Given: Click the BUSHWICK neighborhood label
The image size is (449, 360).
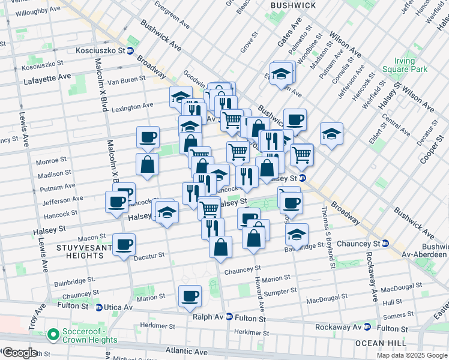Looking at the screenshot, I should click(x=293, y=5).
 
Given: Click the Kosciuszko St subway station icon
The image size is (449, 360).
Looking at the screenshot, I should click(x=130, y=51).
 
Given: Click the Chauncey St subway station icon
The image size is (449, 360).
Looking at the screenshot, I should click(x=385, y=244).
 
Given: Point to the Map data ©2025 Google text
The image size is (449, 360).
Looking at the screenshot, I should click(x=412, y=355).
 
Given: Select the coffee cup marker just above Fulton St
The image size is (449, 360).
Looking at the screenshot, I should click(x=190, y=296).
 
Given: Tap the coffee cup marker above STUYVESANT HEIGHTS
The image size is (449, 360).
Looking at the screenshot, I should click(x=124, y=245).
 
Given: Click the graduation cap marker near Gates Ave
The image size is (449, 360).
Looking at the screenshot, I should click(x=280, y=74).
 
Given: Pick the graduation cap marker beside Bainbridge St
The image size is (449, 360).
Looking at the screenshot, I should click(x=297, y=235).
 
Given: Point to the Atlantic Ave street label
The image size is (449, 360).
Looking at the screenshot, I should click(x=204, y=349).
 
